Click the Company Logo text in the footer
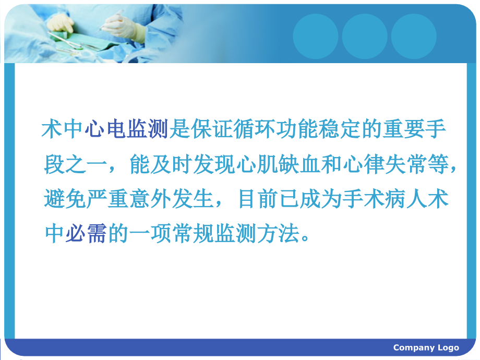tap(426, 348)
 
